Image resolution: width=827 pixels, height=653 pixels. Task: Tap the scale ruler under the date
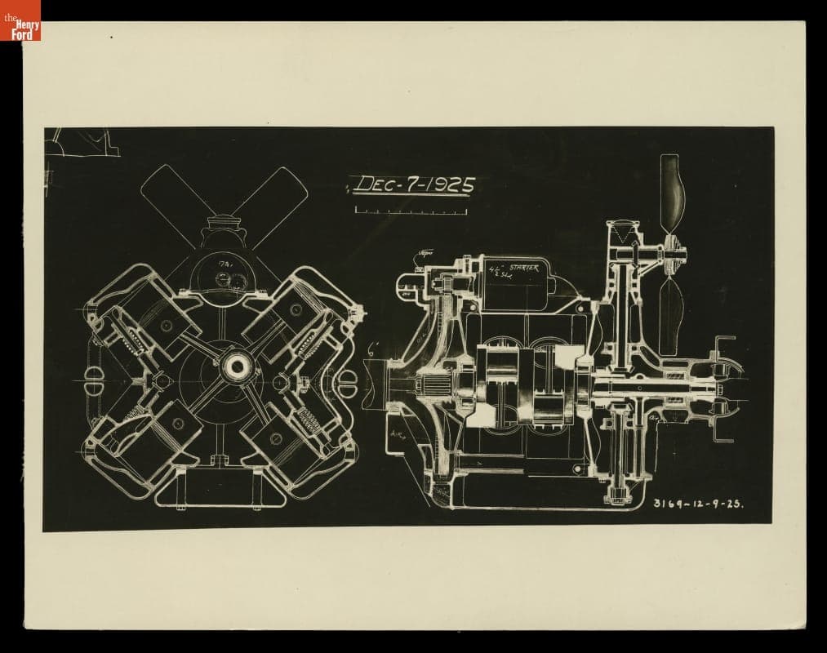(x=411, y=211)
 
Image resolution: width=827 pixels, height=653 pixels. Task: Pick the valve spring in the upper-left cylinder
(x=132, y=340)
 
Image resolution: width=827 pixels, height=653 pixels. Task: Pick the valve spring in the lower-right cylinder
(x=313, y=422)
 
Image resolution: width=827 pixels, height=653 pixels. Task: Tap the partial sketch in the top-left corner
(x=82, y=142)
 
